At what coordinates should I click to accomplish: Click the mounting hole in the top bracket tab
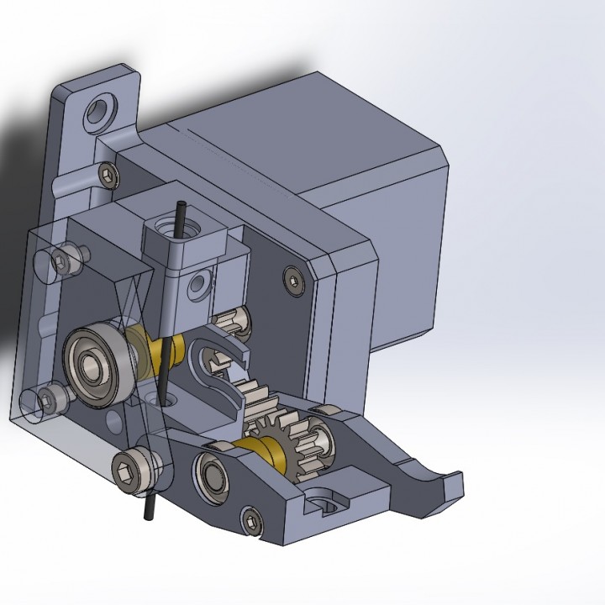click(x=100, y=109)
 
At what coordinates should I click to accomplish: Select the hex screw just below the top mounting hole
click(x=108, y=175)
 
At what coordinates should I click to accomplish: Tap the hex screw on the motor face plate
click(x=292, y=280)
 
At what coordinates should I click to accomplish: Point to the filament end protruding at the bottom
click(x=149, y=507)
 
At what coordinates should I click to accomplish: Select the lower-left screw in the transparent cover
click(x=52, y=397)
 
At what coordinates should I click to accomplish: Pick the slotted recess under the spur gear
click(x=325, y=502)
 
